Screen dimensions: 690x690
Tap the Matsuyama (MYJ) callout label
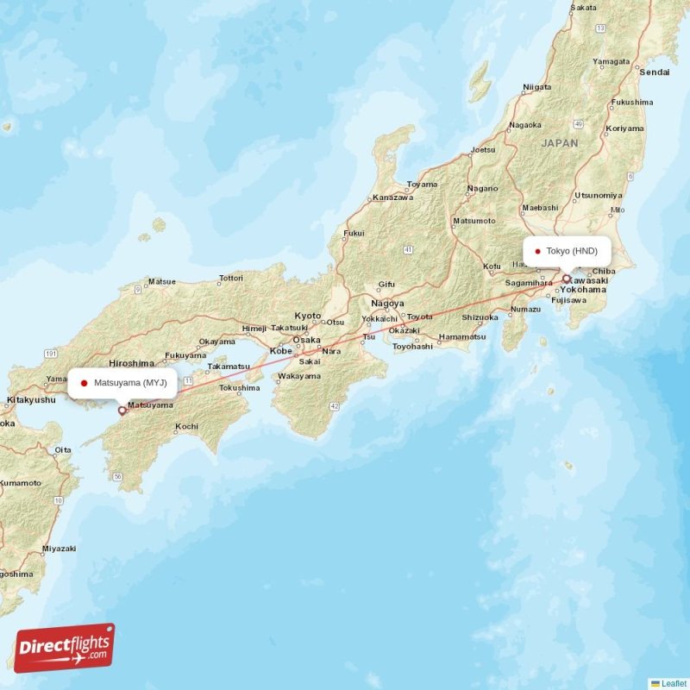(x=122, y=382)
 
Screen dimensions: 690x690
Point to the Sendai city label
(x=654, y=72)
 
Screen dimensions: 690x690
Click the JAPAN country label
(x=560, y=144)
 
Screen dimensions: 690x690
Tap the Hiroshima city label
(x=132, y=364)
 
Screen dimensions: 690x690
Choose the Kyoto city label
(x=307, y=316)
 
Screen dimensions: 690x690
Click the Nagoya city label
(x=387, y=304)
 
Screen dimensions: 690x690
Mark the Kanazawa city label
(x=393, y=198)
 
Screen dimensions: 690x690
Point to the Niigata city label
(x=536, y=87)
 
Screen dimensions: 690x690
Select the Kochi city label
(x=186, y=426)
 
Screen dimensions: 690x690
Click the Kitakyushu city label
(x=31, y=400)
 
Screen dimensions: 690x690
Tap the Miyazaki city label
(x=59, y=549)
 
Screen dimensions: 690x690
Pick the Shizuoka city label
(x=480, y=317)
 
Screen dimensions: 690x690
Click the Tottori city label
(x=231, y=279)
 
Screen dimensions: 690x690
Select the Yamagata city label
(x=611, y=62)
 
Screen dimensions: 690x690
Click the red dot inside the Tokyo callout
(x=537, y=252)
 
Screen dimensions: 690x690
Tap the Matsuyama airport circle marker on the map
(x=122, y=411)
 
